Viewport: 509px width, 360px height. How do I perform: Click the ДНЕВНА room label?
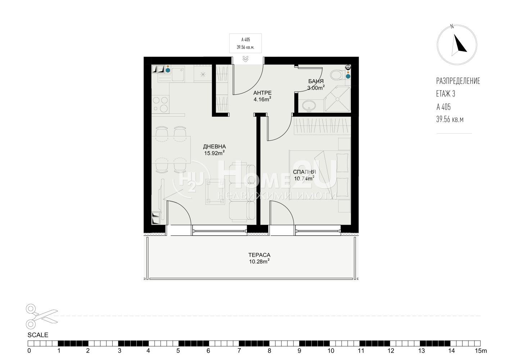[x=214, y=147]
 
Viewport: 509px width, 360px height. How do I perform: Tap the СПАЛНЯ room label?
[x=304, y=172]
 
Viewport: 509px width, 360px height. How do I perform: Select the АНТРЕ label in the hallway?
[x=263, y=93]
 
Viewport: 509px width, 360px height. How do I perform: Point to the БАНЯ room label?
[x=316, y=81]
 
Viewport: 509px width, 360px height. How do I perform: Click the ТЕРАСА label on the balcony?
[x=259, y=255]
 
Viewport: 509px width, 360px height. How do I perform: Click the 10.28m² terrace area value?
[x=259, y=261]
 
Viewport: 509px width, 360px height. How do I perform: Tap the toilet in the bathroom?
[x=337, y=75]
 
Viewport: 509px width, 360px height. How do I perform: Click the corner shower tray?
[x=338, y=99]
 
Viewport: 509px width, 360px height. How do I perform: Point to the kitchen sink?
[x=178, y=74]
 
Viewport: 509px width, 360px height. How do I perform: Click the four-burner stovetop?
[x=160, y=104]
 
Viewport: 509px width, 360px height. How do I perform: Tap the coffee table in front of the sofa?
[x=215, y=192]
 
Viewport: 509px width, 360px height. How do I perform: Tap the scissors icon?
[x=42, y=316]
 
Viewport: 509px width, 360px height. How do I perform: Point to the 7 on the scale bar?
[x=239, y=351]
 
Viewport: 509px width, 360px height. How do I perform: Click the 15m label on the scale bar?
[x=481, y=351]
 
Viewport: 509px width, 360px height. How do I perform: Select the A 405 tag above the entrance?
[x=245, y=40]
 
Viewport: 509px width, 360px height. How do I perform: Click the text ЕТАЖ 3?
[x=446, y=94]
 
